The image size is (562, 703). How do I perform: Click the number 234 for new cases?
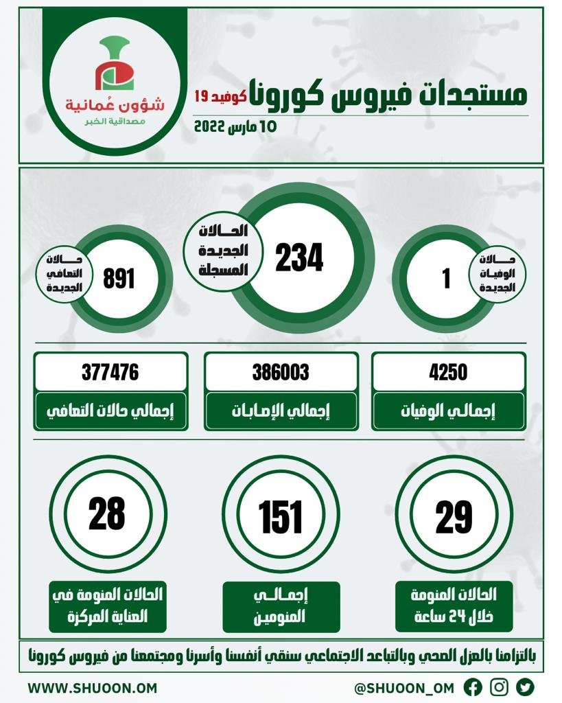pos(300,258)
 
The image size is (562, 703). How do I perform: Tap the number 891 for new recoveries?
pos(119,279)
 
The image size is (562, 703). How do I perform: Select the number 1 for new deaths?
pos(447,279)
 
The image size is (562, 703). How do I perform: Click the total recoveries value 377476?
pos(110,372)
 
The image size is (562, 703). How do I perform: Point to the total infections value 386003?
pos(281,372)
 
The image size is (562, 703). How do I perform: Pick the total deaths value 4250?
pos(448,372)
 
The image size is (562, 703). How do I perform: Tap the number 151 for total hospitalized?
pos(281,516)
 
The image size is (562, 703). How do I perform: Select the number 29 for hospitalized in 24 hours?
pos(454,516)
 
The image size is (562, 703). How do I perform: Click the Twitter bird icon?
pos(525,687)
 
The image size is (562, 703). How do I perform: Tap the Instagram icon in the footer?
pos(500,687)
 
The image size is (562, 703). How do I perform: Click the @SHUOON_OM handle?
pos(406,687)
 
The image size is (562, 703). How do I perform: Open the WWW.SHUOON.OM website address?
pos(93,687)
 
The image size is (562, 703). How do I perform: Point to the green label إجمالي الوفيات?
pos(448,412)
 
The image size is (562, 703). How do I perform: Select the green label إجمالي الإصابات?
pos(281,412)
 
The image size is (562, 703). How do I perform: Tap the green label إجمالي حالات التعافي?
pos(110,412)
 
